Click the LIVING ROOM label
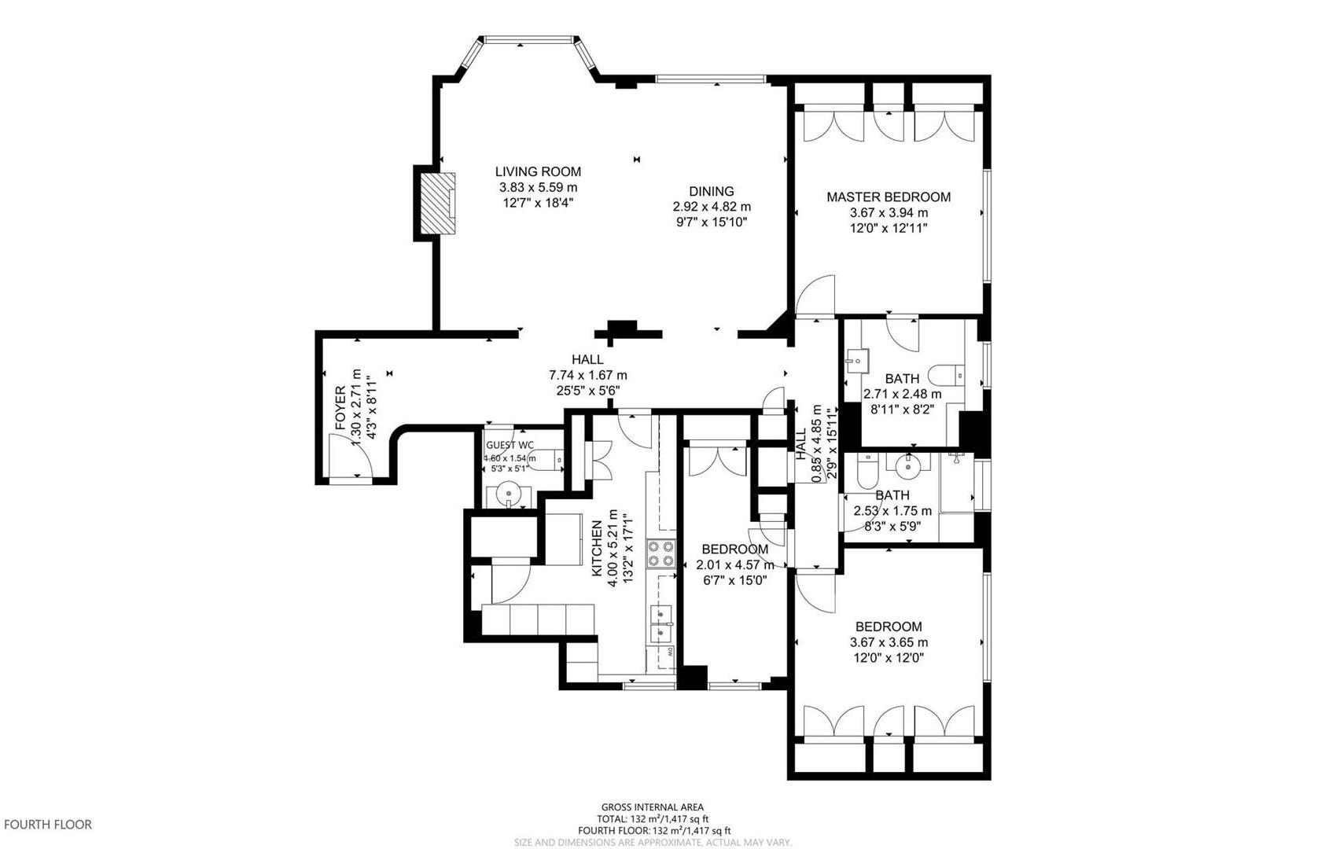point(538,171)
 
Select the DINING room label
point(711,191)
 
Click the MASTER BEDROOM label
point(888,197)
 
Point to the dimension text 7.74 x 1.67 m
point(587,375)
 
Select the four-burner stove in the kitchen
point(660,553)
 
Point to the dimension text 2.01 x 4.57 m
point(734,564)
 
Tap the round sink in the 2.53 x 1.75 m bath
point(908,465)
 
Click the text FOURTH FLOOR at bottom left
point(48,825)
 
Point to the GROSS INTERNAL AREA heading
point(652,807)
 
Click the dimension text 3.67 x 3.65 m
point(889,642)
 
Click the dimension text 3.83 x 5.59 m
point(538,187)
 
